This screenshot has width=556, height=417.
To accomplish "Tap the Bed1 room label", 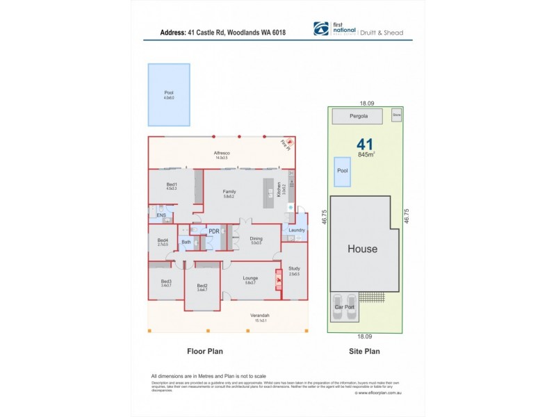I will [171, 184].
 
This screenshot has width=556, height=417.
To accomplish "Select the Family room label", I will [229, 192].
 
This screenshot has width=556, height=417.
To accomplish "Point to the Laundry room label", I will [297, 230].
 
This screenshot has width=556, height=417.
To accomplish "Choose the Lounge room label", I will [251, 277].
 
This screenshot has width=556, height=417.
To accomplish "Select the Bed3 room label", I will [166, 281].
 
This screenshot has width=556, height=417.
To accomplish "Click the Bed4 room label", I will [163, 240].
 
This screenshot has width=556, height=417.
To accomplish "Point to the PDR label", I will [214, 231].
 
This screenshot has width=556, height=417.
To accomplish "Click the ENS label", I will [161, 215].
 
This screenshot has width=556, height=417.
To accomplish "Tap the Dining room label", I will [256, 239].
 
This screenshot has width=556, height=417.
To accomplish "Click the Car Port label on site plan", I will [345, 306].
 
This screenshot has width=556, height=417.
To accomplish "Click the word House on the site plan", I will [362, 249].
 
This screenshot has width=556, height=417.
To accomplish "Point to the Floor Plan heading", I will [205, 352].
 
